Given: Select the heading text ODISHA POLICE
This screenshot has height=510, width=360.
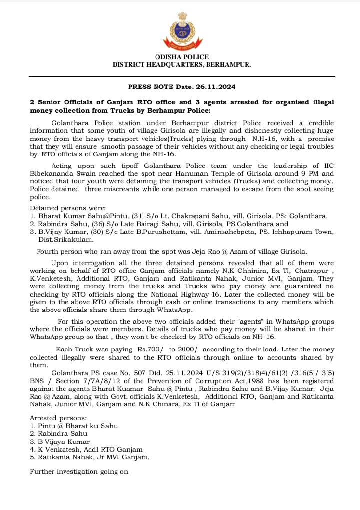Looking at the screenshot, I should [x=182, y=57].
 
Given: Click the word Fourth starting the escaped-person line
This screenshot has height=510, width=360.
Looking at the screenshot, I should [x=49, y=251].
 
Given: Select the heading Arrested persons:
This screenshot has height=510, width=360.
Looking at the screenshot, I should [x=58, y=418].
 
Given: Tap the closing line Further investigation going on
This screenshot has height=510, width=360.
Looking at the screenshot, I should [x=79, y=471].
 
